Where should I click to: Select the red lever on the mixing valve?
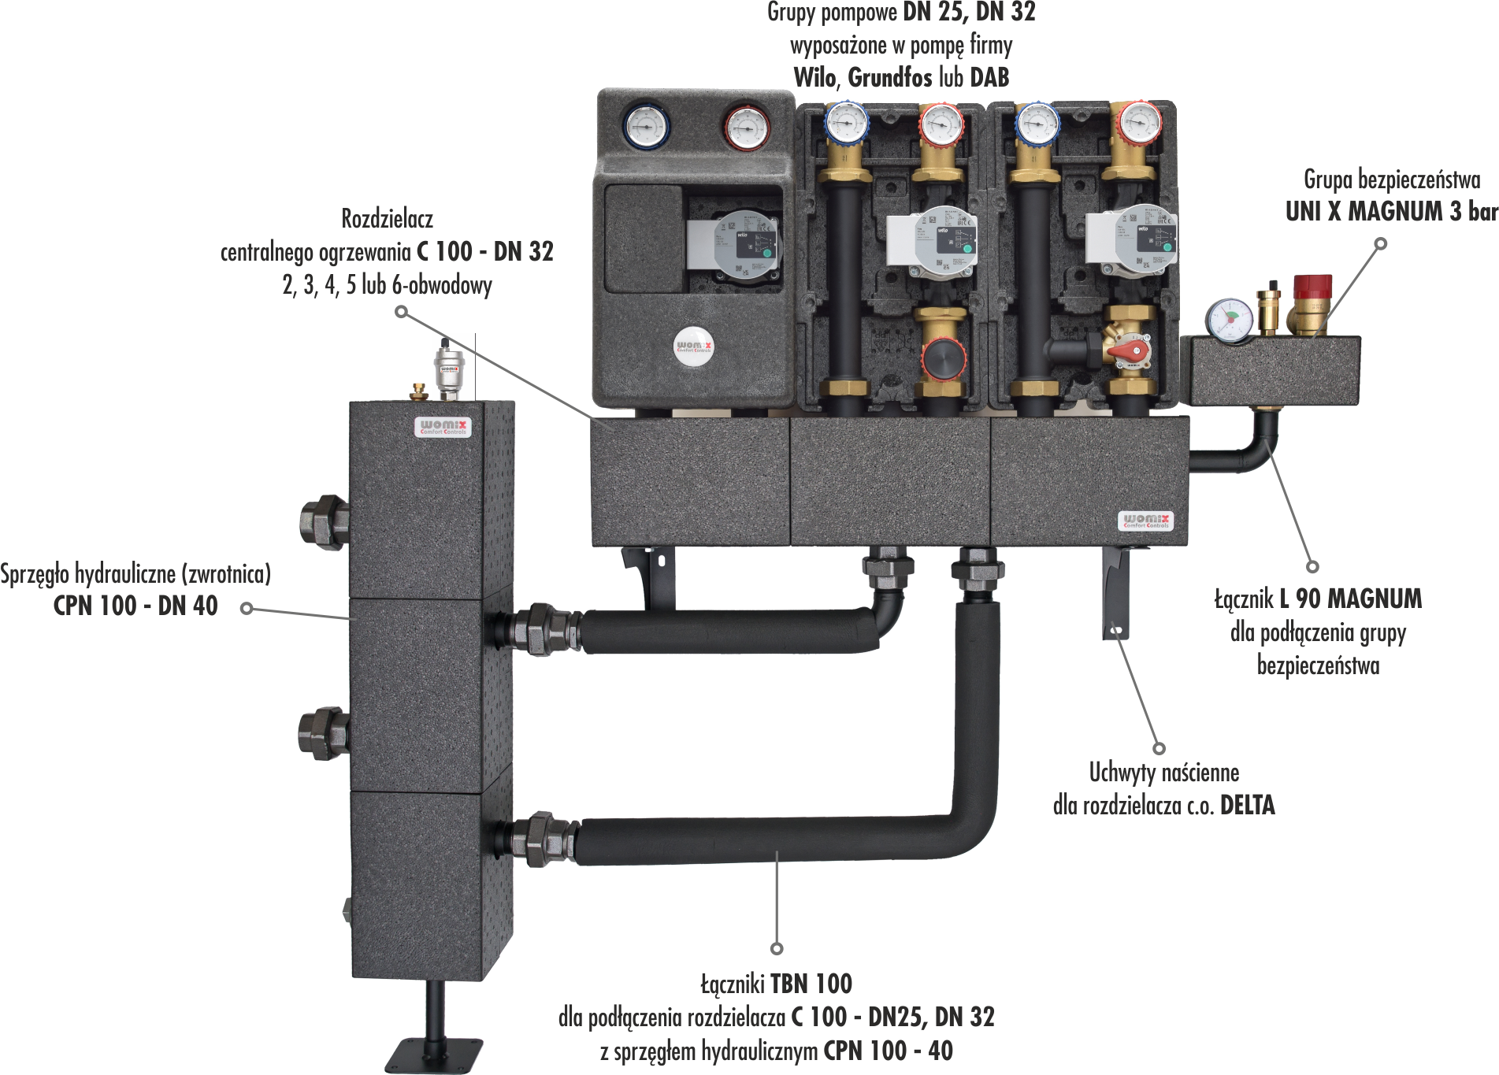coord(1126,349)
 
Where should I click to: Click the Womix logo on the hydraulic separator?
coord(443,427)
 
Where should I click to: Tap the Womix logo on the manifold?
coord(1145,521)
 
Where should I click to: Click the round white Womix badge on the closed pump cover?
coord(693,346)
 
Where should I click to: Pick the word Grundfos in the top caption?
coord(889,77)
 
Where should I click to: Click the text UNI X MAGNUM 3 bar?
coord(1391,212)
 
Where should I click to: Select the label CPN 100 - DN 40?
coord(135,606)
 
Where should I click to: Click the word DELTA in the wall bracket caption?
coord(1247,805)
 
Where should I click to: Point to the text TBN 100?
coord(811,984)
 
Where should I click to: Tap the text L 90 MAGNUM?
coord(1350,599)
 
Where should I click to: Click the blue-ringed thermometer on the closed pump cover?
coord(646,127)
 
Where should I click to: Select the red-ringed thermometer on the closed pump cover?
coord(746,128)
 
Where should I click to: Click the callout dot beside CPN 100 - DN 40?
coord(247,608)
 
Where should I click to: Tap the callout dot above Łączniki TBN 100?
coord(777,947)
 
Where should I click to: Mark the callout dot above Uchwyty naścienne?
coord(1159,748)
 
